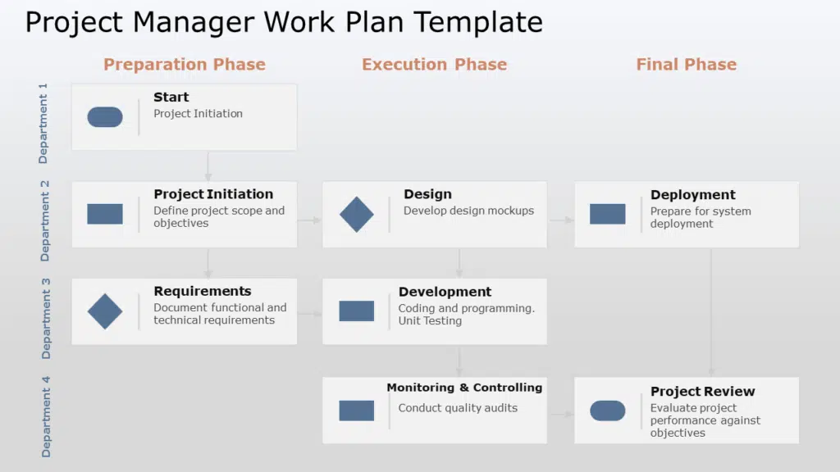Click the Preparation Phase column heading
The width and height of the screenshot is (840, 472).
[x=185, y=65]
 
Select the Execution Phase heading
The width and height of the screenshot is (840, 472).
[x=434, y=65]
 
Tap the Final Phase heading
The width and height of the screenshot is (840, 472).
[x=686, y=65]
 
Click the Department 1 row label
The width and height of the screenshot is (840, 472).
[x=43, y=122]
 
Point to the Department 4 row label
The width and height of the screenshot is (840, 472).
[x=46, y=416]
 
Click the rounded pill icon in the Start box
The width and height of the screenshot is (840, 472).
[x=105, y=117]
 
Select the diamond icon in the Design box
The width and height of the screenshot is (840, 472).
[x=356, y=214]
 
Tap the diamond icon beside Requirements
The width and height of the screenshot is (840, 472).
[x=105, y=311]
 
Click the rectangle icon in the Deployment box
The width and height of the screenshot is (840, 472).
[x=607, y=214]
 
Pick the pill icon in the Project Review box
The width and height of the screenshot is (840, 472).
[x=607, y=411]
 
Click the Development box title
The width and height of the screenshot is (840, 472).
[x=445, y=292]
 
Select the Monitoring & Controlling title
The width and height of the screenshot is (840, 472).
[x=464, y=388]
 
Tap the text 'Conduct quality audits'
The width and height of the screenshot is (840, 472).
[x=458, y=408]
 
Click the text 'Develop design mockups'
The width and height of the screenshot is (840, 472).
[x=468, y=211]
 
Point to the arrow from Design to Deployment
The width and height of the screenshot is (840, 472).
[x=561, y=220]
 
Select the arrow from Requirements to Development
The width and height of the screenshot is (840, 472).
[x=310, y=314]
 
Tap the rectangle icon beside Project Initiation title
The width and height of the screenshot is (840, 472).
[x=105, y=214]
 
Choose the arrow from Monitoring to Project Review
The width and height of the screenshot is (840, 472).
[x=561, y=415]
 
